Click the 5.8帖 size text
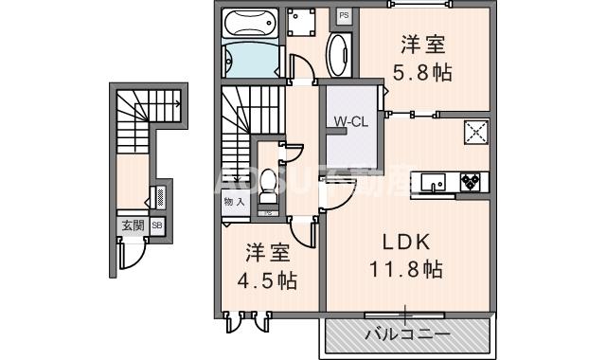(x=422, y=72)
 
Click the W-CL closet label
(x=348, y=120)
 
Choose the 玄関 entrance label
(x=132, y=225)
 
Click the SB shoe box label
(x=157, y=225)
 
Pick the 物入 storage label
(x=234, y=202)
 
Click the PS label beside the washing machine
(x=343, y=16)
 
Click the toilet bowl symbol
(x=269, y=183)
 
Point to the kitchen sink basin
(x=436, y=180)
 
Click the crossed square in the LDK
(x=476, y=133)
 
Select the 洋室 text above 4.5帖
(x=267, y=253)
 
